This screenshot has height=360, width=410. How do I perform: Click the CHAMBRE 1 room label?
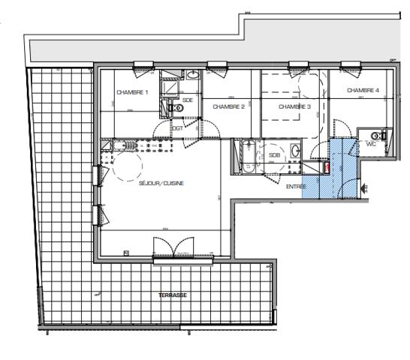(x=132, y=92)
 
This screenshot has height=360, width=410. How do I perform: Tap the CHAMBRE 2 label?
(x=229, y=106)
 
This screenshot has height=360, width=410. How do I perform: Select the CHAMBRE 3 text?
(x=294, y=106)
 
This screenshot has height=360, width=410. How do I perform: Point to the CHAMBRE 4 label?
(x=363, y=91)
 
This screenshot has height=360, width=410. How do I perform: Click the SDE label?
(x=187, y=100)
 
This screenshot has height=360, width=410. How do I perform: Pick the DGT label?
(x=178, y=128)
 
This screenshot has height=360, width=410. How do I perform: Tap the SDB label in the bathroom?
(x=275, y=155)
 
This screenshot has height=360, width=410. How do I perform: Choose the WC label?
(x=370, y=142)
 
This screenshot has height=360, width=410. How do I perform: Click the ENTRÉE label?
(x=297, y=187)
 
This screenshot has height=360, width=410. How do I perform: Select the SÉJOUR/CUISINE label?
(x=161, y=183)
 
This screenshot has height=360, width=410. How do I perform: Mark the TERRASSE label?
(x=173, y=295)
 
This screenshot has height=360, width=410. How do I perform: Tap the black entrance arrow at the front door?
(x=365, y=187)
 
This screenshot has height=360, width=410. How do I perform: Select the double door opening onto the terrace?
(x=173, y=249)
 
